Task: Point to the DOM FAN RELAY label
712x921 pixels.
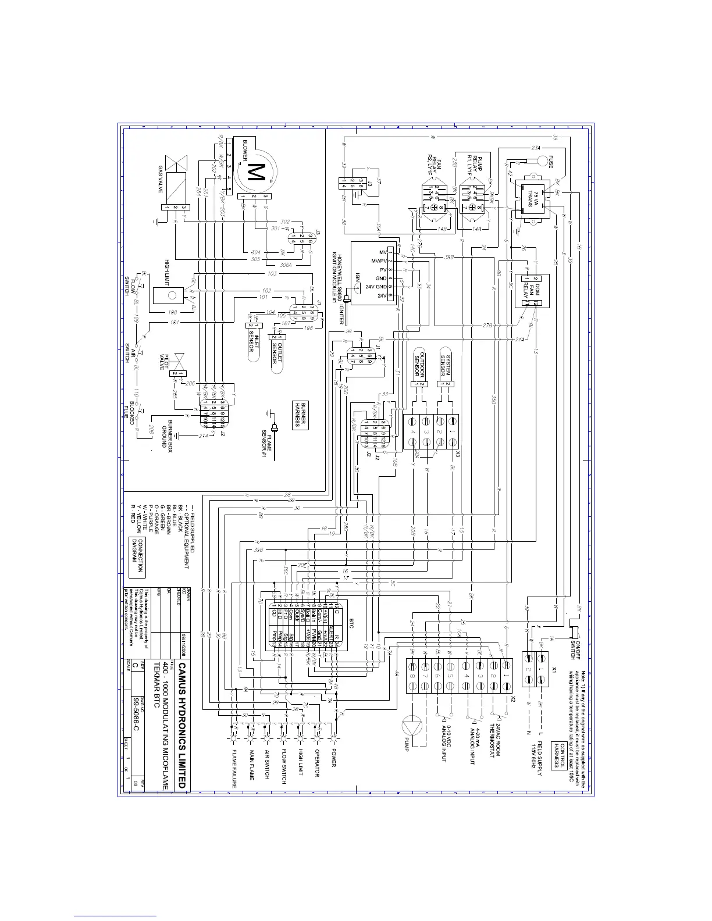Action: coord(530,285)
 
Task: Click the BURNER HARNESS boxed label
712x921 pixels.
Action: coord(300,414)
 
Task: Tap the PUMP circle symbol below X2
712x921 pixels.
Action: coord(411,725)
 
